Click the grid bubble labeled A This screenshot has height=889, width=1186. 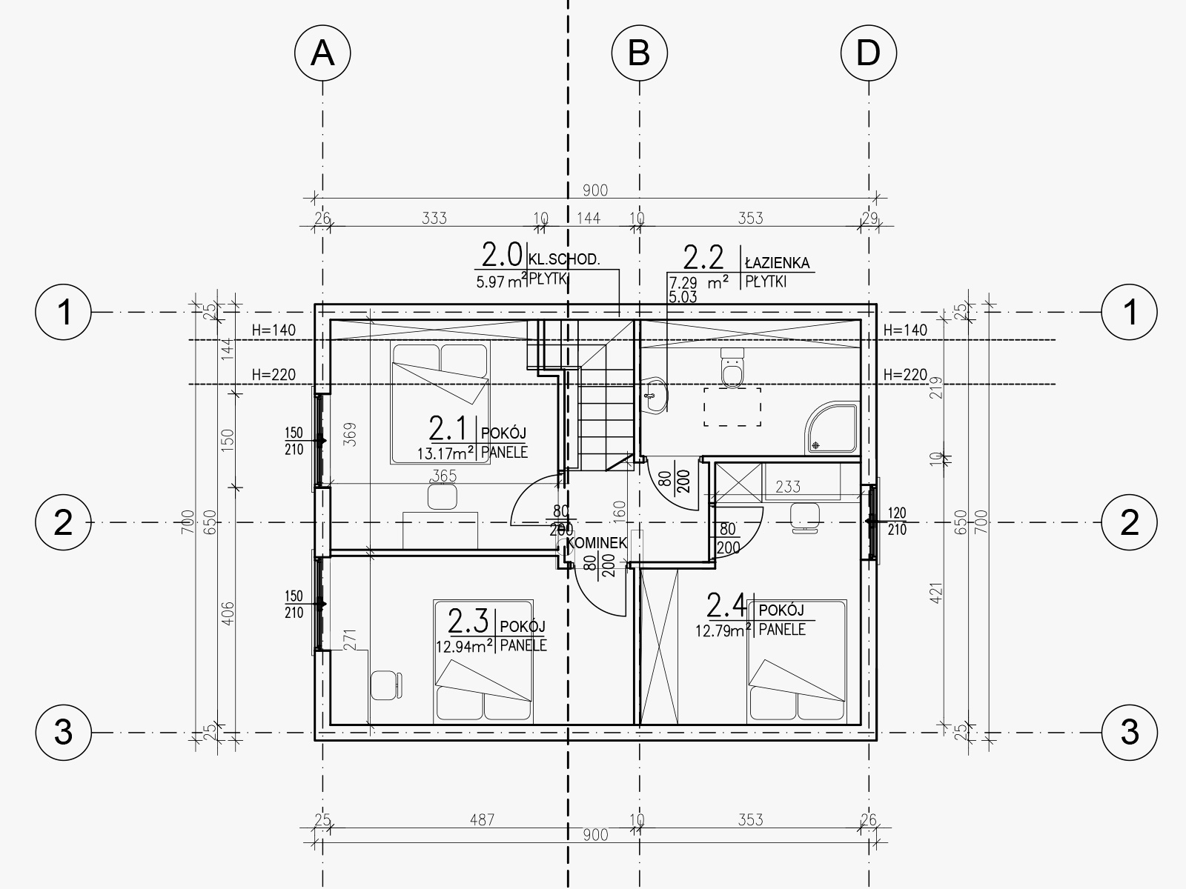pyautogui.click(x=322, y=53)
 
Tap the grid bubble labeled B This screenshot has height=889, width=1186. pyautogui.click(x=639, y=53)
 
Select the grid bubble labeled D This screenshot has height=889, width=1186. pyautogui.click(x=869, y=53)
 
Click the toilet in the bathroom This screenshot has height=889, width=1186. pyautogui.click(x=732, y=367)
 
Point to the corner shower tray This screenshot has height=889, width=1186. pyautogui.click(x=832, y=427)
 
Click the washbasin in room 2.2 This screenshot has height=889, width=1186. pyautogui.click(x=655, y=395)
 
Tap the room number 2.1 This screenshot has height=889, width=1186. pyautogui.click(x=448, y=429)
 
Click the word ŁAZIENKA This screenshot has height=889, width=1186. pyautogui.click(x=777, y=264)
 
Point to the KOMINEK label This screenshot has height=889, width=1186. pyautogui.click(x=597, y=543)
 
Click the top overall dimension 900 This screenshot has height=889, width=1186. pyautogui.click(x=595, y=190)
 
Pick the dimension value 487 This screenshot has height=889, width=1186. pyautogui.click(x=482, y=820)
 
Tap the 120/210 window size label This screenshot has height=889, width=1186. pyautogui.click(x=897, y=521)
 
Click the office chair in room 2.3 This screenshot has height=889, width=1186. pyautogui.click(x=386, y=685)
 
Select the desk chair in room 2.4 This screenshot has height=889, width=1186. pyautogui.click(x=805, y=517)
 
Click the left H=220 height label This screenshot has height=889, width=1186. pyautogui.click(x=274, y=374)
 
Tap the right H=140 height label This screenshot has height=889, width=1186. pyautogui.click(x=905, y=330)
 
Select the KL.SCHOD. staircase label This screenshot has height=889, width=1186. pyautogui.click(x=564, y=259)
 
